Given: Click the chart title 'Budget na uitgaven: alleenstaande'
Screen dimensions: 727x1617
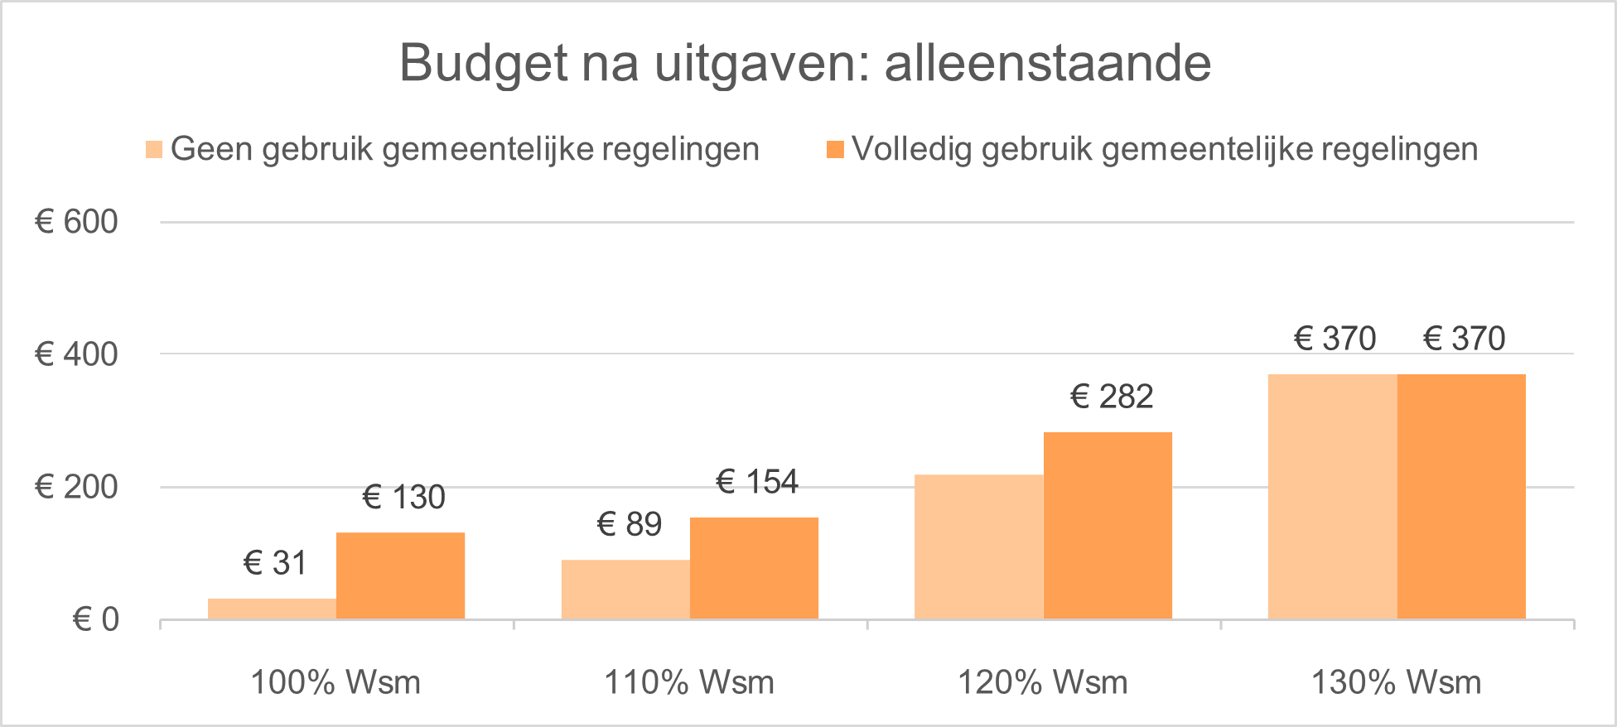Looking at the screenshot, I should coord(804,63).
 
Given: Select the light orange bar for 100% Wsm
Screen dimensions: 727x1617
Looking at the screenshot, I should coord(272,609).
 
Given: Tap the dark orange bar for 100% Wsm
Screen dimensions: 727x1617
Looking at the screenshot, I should coord(401,575).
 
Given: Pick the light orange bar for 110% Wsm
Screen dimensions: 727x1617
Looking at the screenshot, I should coord(625,590).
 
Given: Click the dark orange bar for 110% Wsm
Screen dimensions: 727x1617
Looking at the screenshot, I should coord(755,568).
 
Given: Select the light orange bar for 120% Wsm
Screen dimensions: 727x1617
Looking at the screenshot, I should coord(979,546).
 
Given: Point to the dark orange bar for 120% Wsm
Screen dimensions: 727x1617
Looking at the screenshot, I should coord(1108,525).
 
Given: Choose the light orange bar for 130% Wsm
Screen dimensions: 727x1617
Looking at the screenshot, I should coord(1332,497).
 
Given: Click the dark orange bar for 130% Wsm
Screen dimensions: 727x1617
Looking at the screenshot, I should coord(1461,497).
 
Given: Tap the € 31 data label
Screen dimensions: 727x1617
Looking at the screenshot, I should coord(275,563).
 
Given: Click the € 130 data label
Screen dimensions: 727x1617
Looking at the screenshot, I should coord(404,498).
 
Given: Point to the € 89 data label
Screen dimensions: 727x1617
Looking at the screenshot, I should coord(630,524).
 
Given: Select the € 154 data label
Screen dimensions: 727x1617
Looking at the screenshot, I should coord(757,481).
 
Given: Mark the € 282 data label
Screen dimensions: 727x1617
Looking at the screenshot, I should coord(1112,397).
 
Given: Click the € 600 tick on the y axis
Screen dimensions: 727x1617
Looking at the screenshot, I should coord(76,222).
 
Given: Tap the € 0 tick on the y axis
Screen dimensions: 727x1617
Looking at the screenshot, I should coord(96,619).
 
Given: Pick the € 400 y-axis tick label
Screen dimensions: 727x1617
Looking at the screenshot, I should coord(76,354).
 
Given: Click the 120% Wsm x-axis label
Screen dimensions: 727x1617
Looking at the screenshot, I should coord(1043,683).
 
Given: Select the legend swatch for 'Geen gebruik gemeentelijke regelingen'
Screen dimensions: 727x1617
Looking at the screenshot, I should coord(154,150).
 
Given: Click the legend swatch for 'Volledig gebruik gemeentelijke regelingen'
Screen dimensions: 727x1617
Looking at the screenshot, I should coord(835,150).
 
